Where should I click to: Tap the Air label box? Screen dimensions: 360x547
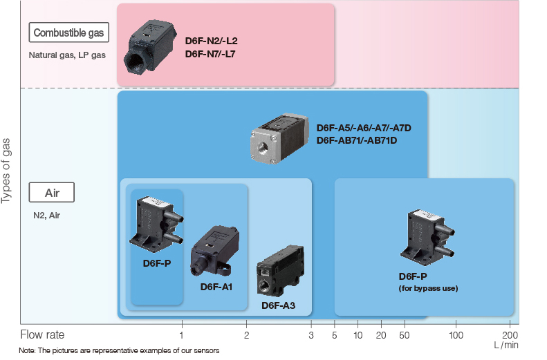(50, 192)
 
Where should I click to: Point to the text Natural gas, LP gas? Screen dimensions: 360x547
(67, 55)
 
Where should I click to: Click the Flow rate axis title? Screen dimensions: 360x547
(42, 335)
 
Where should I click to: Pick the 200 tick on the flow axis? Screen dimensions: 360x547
(510, 335)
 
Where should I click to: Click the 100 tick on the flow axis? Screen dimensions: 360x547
(456, 335)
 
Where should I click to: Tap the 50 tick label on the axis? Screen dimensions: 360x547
(402, 335)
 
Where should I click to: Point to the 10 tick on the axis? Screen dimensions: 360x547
(358, 335)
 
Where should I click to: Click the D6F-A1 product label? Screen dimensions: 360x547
(216, 287)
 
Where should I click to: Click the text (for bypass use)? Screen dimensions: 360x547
(428, 288)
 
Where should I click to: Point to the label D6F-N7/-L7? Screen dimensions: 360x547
(210, 53)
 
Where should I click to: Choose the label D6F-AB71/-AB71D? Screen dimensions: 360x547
(357, 140)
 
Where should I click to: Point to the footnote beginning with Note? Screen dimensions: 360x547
(120, 351)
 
